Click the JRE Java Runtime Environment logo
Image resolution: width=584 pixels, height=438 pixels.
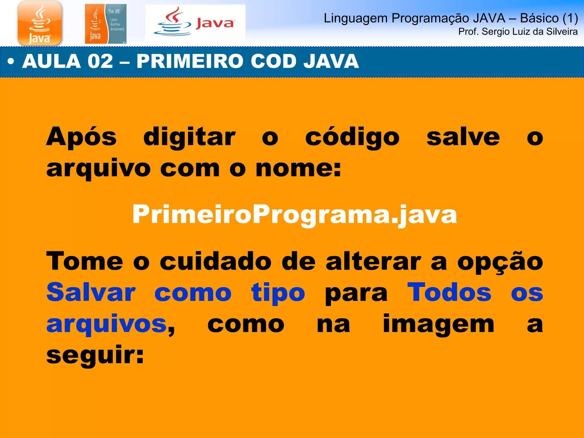coord(106,24)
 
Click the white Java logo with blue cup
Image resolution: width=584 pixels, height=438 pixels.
coord(195,23)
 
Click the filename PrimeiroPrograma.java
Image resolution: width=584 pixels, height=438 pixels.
coord(295,214)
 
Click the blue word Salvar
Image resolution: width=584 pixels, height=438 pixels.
coord(91,293)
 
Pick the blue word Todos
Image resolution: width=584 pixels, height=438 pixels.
coord(449,293)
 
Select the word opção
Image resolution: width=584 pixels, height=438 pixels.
coord(500,262)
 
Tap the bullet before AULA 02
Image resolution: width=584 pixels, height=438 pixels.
coord(11,62)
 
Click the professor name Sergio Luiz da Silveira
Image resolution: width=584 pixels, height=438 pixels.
coord(530,32)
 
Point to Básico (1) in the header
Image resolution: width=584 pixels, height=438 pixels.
coord(549,18)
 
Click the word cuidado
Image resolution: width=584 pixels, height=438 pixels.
coord(216,262)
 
